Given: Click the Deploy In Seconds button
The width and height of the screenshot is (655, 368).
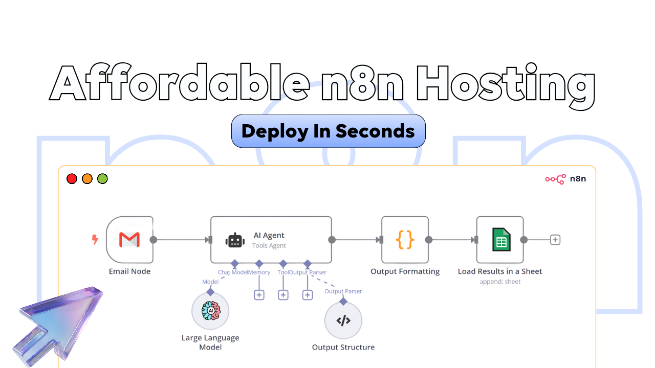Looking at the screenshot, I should point(328,131).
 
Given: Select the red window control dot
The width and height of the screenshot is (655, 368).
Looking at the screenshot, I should point(72,179).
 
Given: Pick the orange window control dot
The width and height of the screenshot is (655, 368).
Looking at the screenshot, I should point(87,179).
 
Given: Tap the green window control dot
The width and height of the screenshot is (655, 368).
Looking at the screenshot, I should point(102,179).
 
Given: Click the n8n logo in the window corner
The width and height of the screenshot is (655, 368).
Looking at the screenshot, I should point(565,179).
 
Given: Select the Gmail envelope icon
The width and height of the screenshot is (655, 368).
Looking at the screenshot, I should point(129,239).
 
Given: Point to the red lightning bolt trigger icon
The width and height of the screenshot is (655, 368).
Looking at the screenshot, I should point(95,239).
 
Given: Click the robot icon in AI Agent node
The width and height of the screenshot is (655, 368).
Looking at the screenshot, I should point(235,240).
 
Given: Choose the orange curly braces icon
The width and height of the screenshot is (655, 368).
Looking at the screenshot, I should point(405,239).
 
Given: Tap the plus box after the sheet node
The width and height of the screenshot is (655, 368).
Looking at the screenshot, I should point(555,239).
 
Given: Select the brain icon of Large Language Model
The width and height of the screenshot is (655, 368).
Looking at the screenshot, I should point(210,311).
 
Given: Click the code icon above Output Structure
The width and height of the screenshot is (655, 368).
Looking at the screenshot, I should point(343,320).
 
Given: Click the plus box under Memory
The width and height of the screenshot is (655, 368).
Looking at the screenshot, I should point(259,295).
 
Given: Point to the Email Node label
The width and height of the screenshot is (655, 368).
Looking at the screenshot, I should point(129,271).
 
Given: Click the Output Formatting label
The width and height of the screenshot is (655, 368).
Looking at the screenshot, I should point(405,271).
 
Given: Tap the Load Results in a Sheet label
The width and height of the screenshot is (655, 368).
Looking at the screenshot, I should point(500,271).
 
